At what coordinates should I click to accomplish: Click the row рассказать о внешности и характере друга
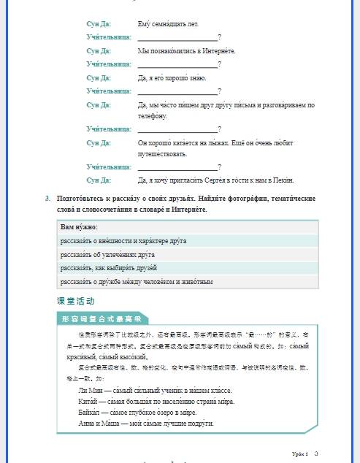point(123,240)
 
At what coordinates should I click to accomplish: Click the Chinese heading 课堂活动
point(75,301)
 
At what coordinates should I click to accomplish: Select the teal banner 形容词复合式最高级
point(102,319)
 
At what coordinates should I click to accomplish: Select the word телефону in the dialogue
point(153,115)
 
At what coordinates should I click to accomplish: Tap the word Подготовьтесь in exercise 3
point(81,198)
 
